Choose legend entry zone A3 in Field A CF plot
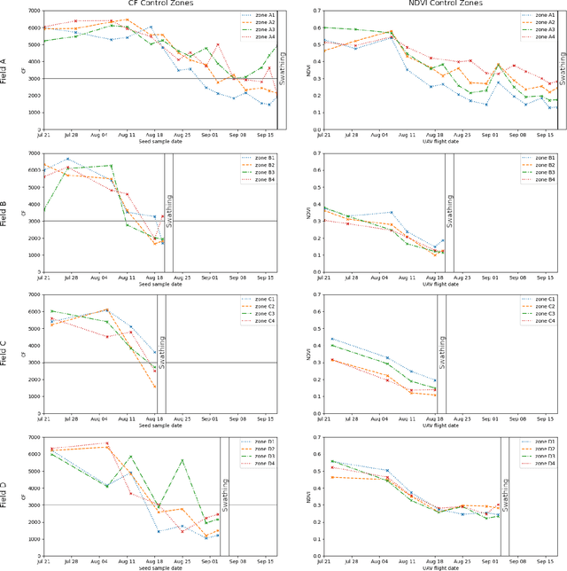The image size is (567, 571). pyautogui.click(x=260, y=29)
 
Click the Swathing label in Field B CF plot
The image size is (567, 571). pyautogui.click(x=169, y=209)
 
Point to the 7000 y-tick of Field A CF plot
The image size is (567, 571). pyautogui.click(x=33, y=11)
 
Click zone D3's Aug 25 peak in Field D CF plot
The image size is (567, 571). pyautogui.click(x=181, y=461)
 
